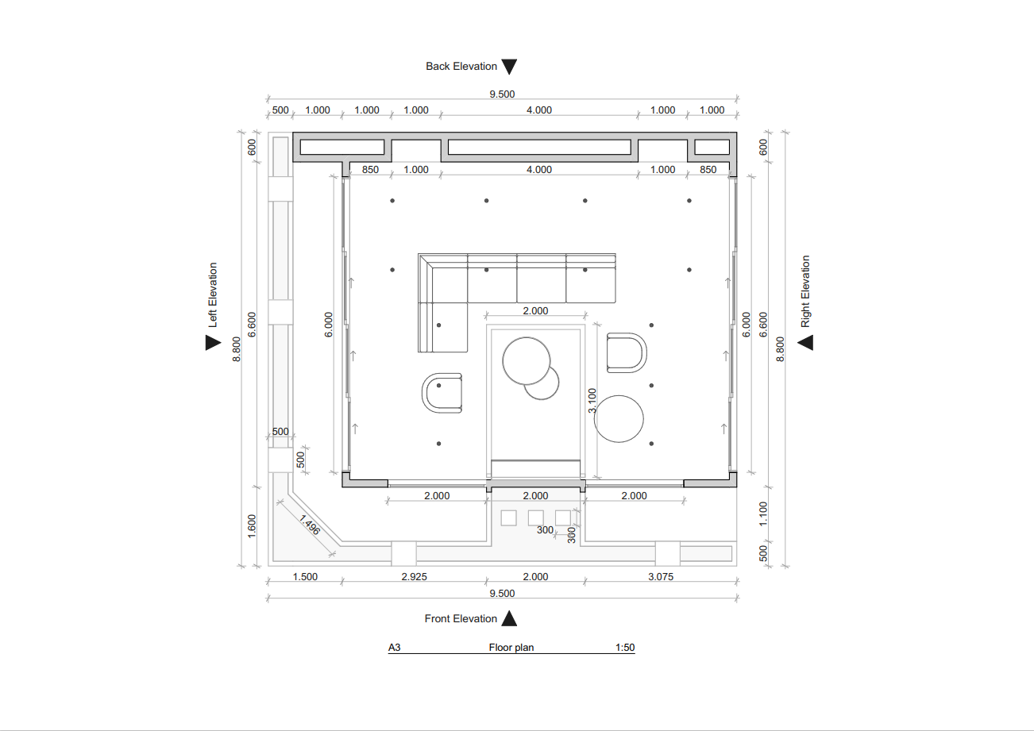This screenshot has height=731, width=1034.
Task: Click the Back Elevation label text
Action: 461,67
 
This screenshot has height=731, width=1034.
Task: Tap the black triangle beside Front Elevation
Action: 510,618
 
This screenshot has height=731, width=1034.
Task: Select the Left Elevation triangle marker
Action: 212,342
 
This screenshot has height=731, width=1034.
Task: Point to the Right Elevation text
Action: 805,291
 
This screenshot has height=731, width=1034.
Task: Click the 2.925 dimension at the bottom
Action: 414,577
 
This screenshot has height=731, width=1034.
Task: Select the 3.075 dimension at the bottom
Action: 660,577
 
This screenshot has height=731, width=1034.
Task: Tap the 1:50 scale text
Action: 625,648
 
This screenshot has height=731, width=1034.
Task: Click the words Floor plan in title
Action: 511,648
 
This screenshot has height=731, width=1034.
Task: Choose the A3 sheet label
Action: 394,648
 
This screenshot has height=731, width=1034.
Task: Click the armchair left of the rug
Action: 442,392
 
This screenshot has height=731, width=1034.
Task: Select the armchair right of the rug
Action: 626,352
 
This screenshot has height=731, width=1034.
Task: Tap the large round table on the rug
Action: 527,360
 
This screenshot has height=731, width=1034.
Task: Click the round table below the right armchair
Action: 619,418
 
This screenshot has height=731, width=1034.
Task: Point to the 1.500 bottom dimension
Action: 305,577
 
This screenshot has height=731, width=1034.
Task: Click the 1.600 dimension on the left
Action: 252,525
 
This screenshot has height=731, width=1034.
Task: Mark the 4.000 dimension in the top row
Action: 538,110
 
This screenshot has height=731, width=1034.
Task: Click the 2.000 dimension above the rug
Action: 535,311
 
